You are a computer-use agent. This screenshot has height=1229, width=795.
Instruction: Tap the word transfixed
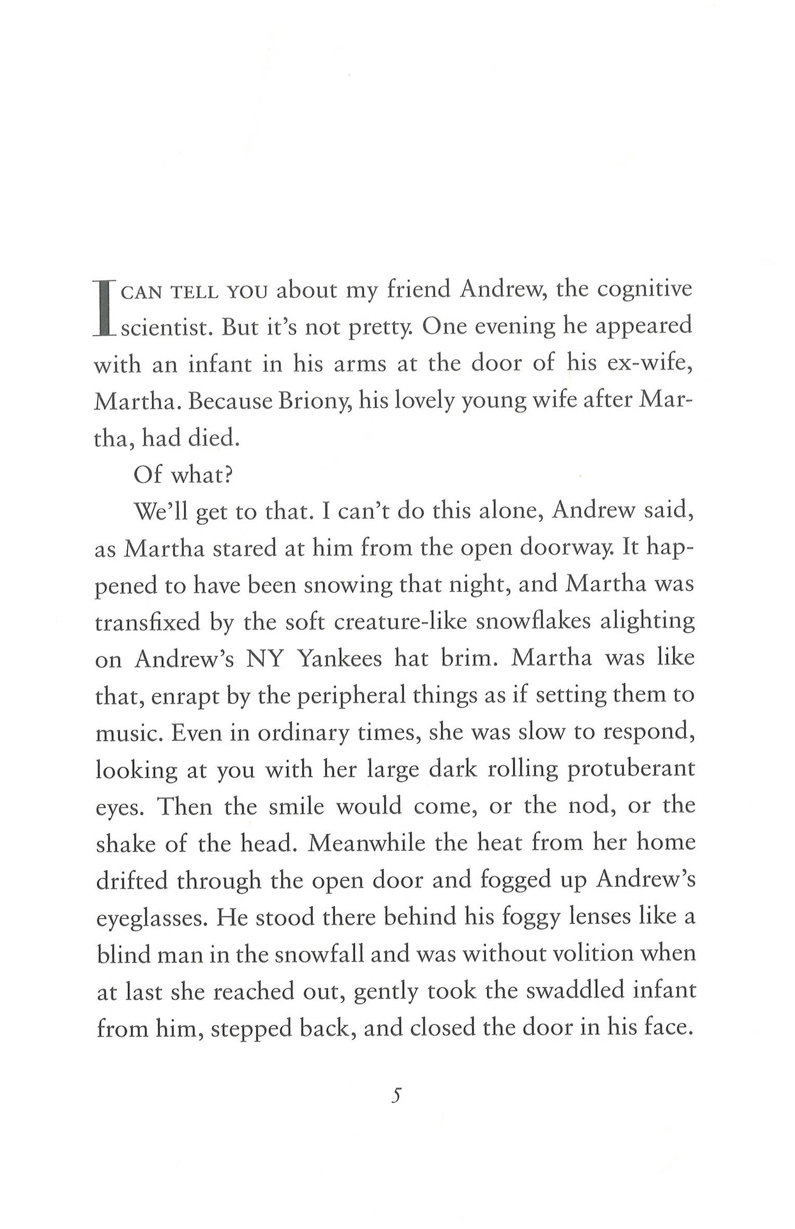click(148, 622)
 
